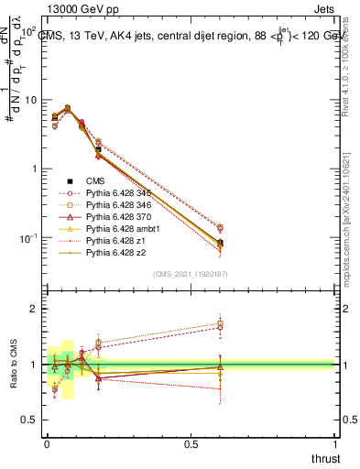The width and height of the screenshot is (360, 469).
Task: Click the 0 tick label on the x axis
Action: tap(47, 443)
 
